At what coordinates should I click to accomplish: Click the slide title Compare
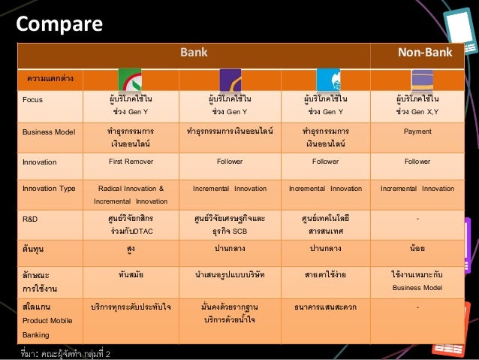(59, 24)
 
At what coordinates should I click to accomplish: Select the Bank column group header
(193, 53)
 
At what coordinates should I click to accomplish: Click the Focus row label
(33, 99)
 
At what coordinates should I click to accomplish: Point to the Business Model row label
(49, 132)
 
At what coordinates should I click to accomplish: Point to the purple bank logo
(229, 80)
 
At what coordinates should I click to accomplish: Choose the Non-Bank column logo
(422, 80)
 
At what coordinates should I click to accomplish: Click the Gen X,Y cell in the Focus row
(417, 105)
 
